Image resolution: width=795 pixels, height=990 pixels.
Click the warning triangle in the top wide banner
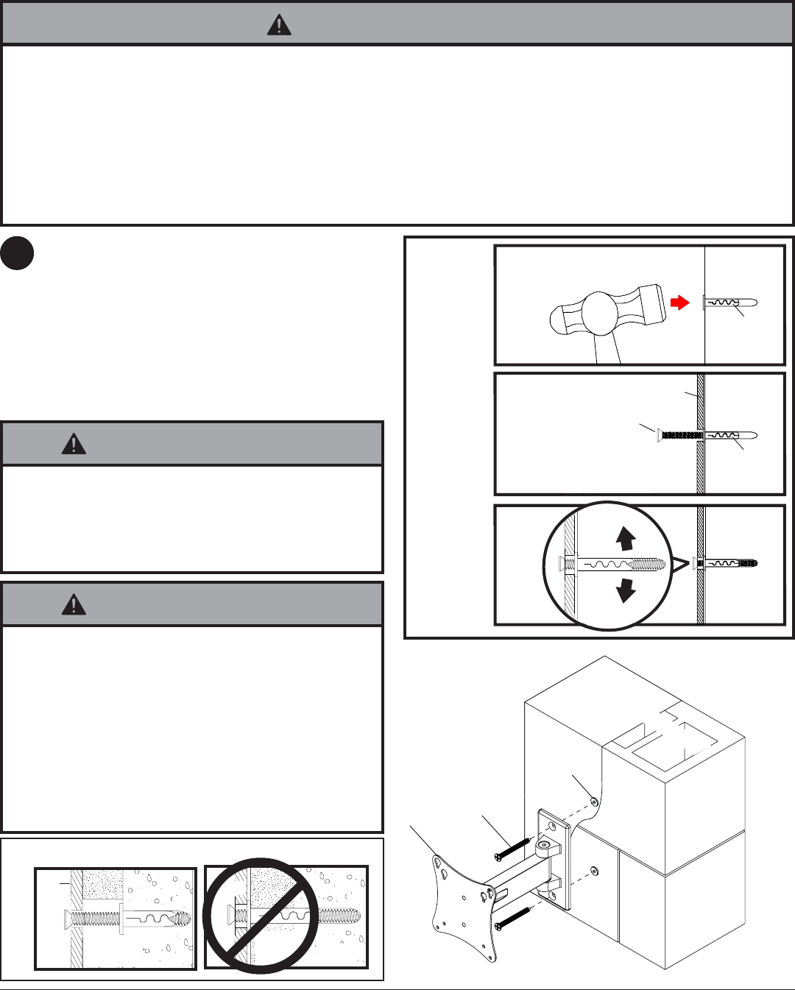[x=279, y=26]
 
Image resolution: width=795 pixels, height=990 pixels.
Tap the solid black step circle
[x=17, y=252]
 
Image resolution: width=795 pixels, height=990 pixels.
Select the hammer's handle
[x=607, y=349]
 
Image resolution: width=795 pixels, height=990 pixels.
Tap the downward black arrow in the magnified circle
[x=626, y=590]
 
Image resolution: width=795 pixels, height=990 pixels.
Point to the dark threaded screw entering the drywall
[x=682, y=436]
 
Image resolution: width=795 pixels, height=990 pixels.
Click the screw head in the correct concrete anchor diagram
[x=67, y=918]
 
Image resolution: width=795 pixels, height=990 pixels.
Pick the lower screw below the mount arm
[x=513, y=917]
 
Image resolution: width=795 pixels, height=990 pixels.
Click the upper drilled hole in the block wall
[x=594, y=800]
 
